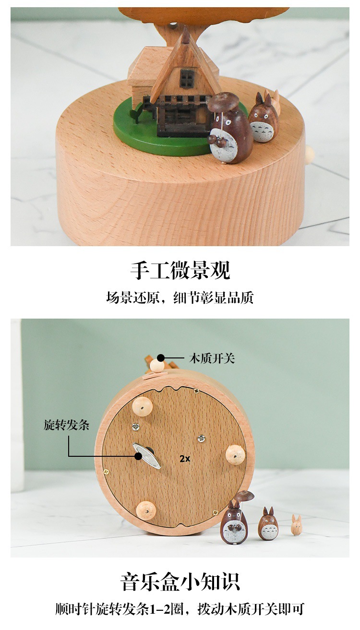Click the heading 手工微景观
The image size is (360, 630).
[180, 271]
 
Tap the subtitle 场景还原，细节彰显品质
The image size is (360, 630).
[180, 297]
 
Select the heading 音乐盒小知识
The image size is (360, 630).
[180, 581]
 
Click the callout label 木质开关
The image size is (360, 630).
[212, 358]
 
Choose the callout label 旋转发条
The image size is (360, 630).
[67, 425]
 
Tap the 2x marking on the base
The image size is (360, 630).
[185, 459]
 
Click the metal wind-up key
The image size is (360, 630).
[147, 455]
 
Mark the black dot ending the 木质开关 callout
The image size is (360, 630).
[161, 358]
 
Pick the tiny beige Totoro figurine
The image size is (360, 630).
[297, 525]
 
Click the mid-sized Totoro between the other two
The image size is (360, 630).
[268, 524]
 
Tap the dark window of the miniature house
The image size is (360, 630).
[187, 78]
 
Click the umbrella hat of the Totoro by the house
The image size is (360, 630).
[223, 100]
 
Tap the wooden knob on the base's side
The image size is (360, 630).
[310, 155]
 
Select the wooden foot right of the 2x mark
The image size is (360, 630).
[235, 454]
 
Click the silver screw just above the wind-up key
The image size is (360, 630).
[136, 426]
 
